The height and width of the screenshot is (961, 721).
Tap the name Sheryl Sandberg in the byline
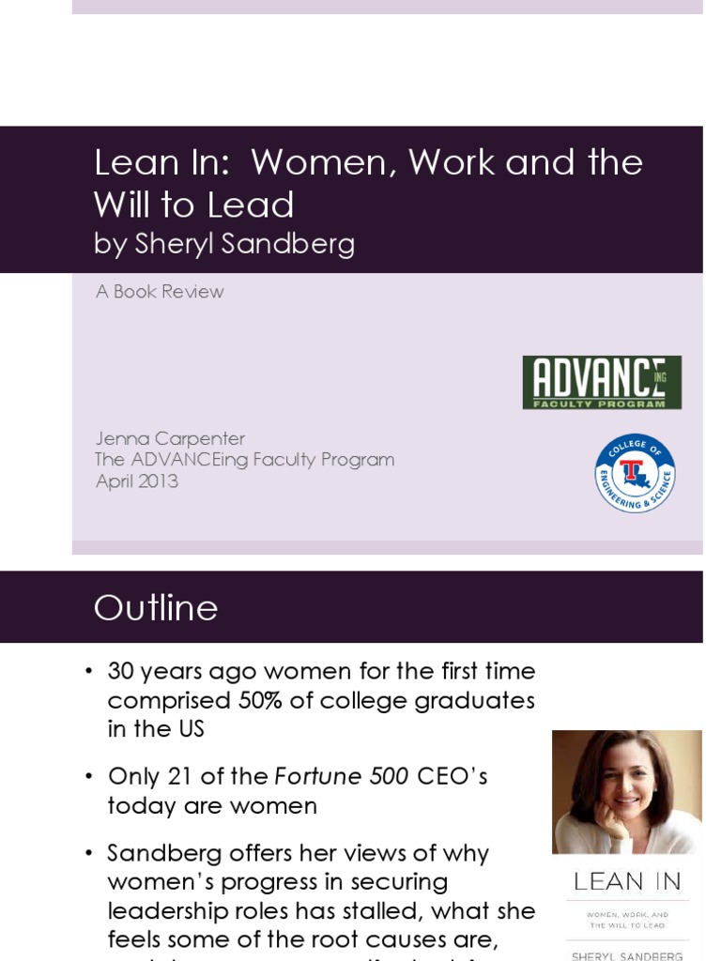coord(245,244)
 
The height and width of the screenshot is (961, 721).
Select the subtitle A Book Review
coord(160,292)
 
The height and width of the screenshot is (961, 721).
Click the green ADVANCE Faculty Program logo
coord(602,382)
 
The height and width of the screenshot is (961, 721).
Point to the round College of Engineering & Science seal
coord(636,474)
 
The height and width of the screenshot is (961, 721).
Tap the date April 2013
coord(137,481)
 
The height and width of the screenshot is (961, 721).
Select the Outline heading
coord(156,608)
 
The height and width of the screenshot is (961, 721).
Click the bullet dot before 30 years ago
coord(89,672)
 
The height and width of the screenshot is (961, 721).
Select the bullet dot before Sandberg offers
coord(89,854)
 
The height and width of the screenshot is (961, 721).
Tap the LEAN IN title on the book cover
coord(626,881)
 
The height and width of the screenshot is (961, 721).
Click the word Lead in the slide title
coord(256,205)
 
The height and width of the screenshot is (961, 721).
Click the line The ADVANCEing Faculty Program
coord(245,460)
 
